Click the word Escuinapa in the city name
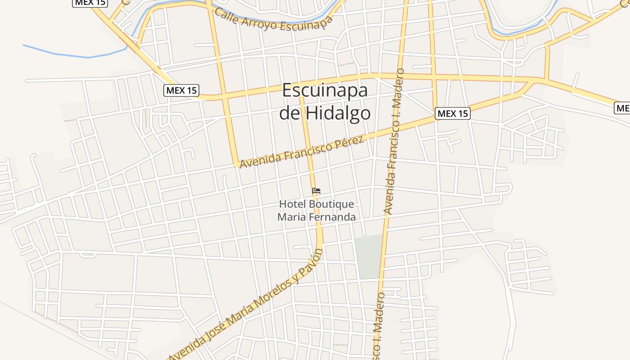point(325,90)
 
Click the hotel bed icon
point(316,191)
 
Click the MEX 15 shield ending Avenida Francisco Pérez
point(453,113)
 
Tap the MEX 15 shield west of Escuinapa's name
point(181,90)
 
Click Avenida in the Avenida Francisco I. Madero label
point(389,195)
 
